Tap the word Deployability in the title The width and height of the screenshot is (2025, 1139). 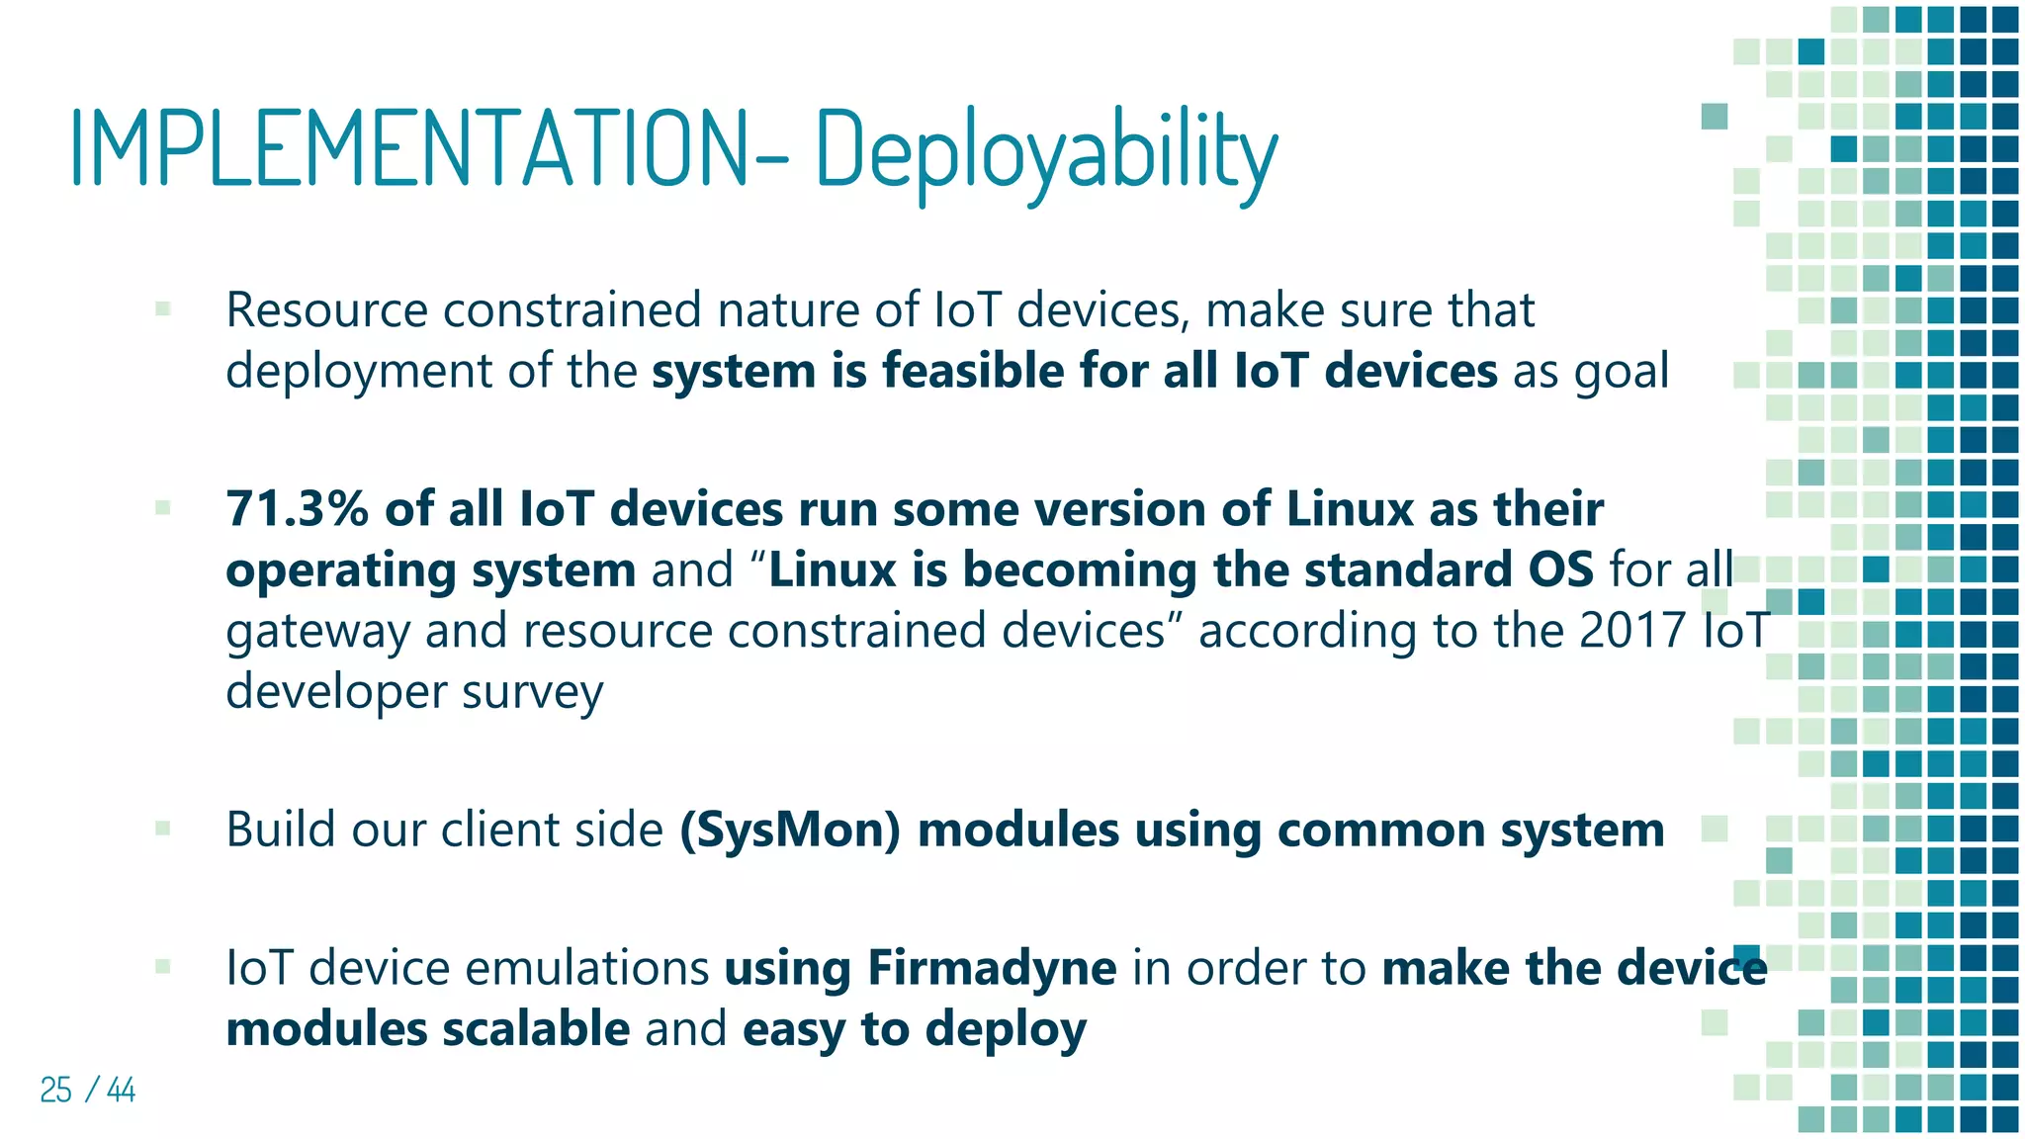[1046, 153]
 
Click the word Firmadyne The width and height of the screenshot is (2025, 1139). [992, 967]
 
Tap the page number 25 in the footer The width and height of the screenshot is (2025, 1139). [55, 1090]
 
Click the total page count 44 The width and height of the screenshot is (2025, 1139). [121, 1090]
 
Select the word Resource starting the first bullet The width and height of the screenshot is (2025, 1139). [326, 310]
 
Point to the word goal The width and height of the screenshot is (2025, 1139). [1621, 373]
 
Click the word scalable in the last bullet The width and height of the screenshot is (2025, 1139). [535, 1028]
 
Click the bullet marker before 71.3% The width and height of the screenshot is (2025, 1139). [163, 508]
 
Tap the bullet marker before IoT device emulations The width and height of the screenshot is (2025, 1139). [163, 966]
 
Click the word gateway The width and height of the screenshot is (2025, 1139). [317, 632]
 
